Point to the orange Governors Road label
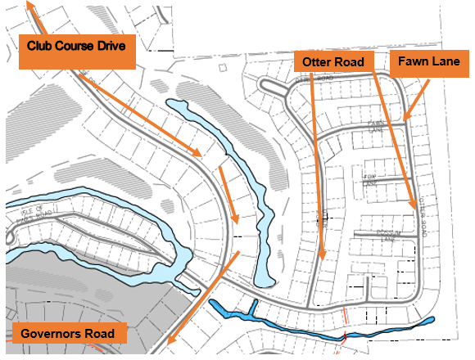70,334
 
